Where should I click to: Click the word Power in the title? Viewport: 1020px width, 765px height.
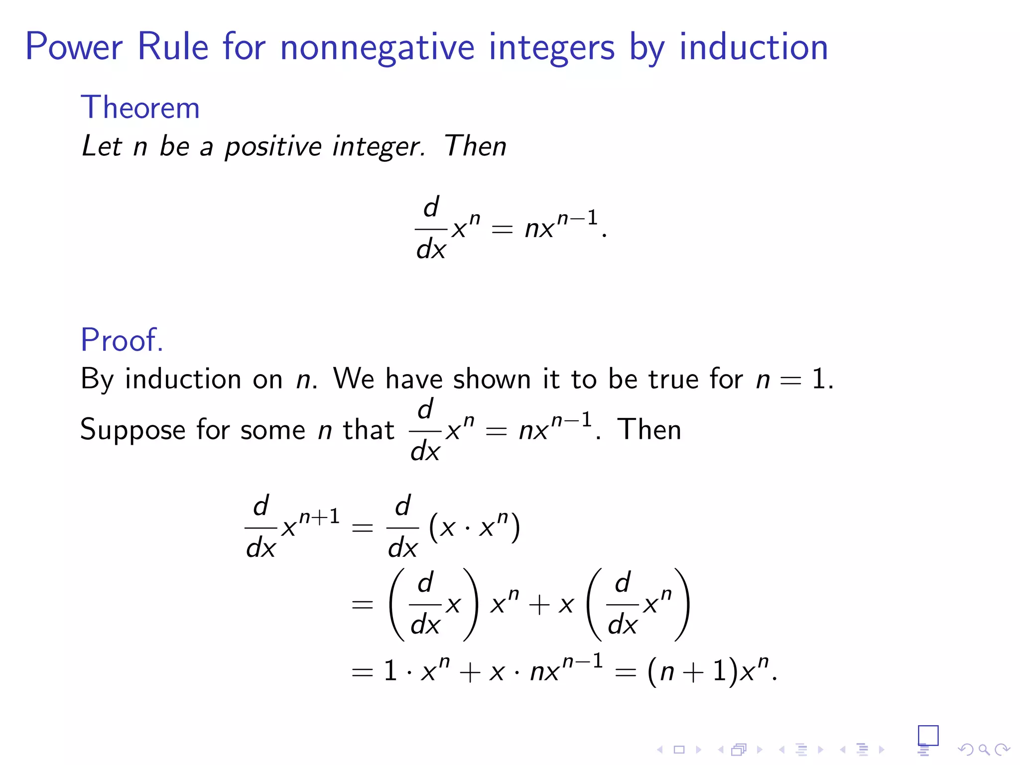pos(74,47)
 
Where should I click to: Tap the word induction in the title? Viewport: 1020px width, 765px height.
pos(754,47)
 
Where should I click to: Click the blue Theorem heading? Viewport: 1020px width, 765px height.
pos(140,108)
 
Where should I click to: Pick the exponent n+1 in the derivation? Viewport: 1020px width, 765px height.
pos(319,516)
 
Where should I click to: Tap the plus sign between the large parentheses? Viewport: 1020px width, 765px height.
pos(539,606)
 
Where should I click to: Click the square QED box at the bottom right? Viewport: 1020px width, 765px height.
pos(928,735)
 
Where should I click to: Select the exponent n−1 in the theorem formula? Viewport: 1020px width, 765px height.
pos(577,218)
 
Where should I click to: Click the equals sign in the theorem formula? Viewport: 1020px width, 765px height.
pos(502,230)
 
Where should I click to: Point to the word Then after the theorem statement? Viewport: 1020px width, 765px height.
pos(475,146)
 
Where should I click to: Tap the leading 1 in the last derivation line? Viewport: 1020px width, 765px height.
pos(390,671)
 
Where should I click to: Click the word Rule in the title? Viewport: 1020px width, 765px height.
pos(173,47)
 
